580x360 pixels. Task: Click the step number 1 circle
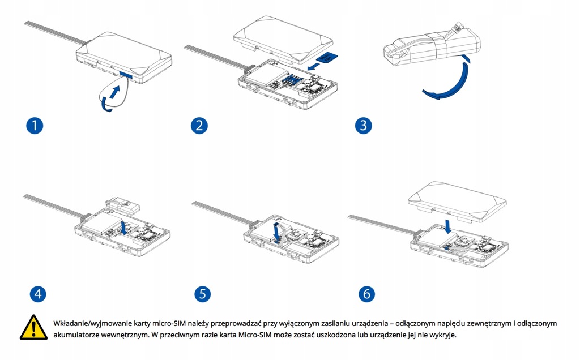click(x=35, y=125)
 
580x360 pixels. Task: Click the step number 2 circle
click(x=198, y=125)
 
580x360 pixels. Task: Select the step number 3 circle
click(x=363, y=125)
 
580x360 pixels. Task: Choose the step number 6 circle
click(x=366, y=294)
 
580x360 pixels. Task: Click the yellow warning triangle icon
click(x=33, y=328)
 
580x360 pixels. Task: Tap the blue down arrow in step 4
click(x=124, y=227)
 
